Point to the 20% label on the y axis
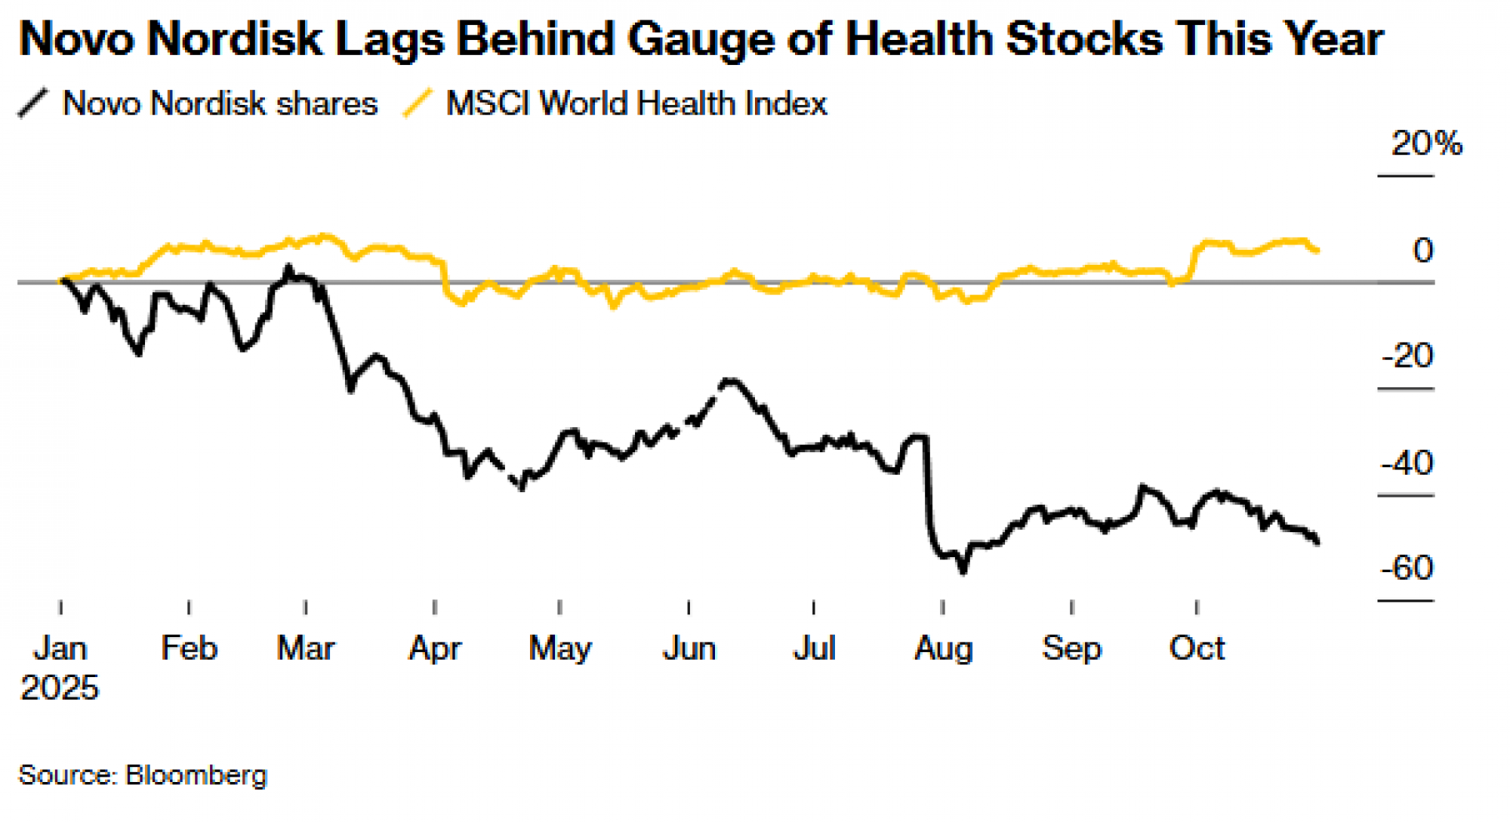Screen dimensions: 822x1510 1426,143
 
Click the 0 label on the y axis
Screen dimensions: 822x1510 1422,250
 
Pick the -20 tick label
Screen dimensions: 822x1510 1407,356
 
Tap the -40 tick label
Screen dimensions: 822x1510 1407,463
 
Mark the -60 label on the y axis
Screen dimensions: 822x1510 1407,568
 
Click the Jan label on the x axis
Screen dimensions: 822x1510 60,648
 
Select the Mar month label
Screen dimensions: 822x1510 305,648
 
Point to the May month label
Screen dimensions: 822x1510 559,648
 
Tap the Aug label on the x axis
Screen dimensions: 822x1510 943,648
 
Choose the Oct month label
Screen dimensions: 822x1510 1197,648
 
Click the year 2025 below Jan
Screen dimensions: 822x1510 60,688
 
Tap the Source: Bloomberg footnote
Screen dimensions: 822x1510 143,775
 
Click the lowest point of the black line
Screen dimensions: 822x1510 963,572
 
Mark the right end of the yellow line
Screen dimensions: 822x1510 1317,250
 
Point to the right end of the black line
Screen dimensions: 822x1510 1317,542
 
